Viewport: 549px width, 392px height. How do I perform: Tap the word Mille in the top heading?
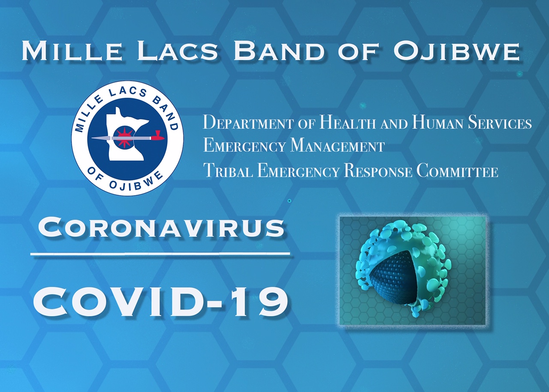coord(72,51)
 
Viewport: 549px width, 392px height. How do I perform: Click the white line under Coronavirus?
coord(162,255)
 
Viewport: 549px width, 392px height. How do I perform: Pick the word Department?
coord(247,123)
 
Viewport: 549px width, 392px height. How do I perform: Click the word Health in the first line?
coord(347,123)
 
